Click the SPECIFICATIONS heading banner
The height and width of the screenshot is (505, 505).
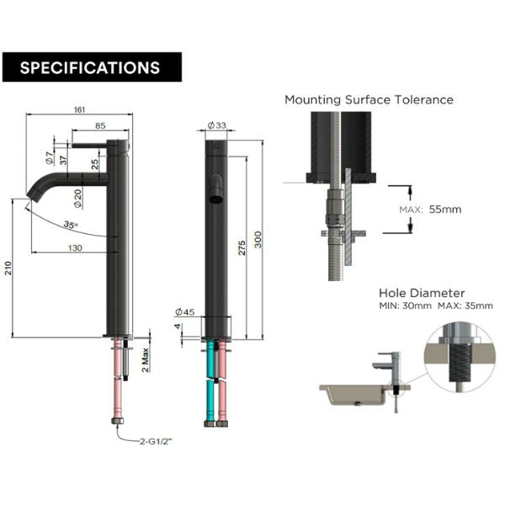[x=91, y=67]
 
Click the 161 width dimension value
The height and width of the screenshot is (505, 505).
[x=80, y=110]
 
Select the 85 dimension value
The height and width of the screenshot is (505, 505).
[x=99, y=126]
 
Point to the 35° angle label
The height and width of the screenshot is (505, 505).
[x=71, y=225]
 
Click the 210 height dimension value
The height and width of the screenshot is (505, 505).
[x=9, y=268]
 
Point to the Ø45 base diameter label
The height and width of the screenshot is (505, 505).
[x=184, y=312]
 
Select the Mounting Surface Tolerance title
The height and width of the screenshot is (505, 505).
[x=369, y=99]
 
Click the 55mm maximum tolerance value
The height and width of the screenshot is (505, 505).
[x=444, y=210]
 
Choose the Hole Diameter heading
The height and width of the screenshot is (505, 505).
[x=422, y=293]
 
